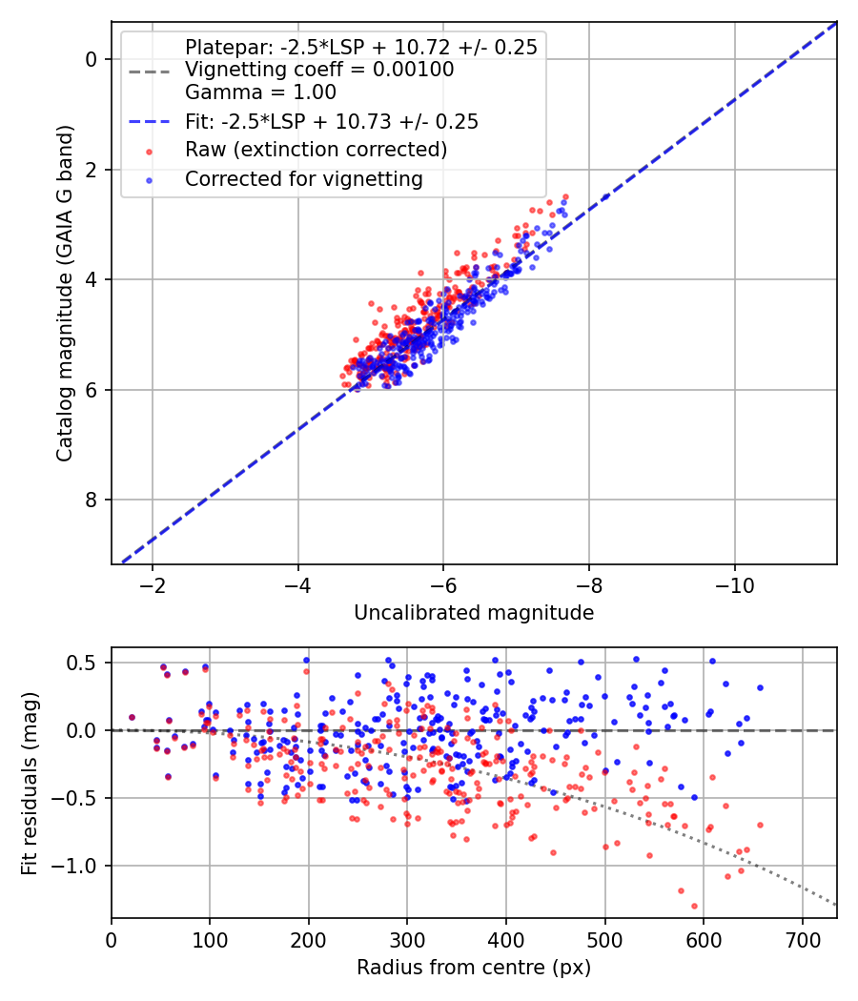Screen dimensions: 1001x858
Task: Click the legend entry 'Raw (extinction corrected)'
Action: pyautogui.click(x=316, y=150)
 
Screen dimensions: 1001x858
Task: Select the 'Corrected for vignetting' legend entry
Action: pyautogui.click(x=303, y=178)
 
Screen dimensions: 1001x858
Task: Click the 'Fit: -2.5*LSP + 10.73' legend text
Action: pyautogui.click(x=331, y=121)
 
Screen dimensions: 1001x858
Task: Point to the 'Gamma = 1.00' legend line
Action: pyautogui.click(x=260, y=92)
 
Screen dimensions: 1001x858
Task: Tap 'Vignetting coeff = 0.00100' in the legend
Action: pyautogui.click(x=319, y=70)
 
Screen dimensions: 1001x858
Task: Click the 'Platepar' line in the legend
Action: pyautogui.click(x=360, y=47)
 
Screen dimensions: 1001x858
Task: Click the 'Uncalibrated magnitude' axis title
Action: pyautogui.click(x=474, y=613)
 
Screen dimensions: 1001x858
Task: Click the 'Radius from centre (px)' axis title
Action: pyautogui.click(x=474, y=968)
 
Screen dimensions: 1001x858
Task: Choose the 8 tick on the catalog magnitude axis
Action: pyautogui.click(x=92, y=500)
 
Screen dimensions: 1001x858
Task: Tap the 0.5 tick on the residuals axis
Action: pyautogui.click(x=88, y=663)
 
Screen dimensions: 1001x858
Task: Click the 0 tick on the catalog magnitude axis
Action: pyautogui.click(x=92, y=59)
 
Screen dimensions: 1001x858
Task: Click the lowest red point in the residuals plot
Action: pyautogui.click(x=694, y=906)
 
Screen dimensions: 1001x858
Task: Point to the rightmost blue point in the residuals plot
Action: pyautogui.click(x=760, y=687)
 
